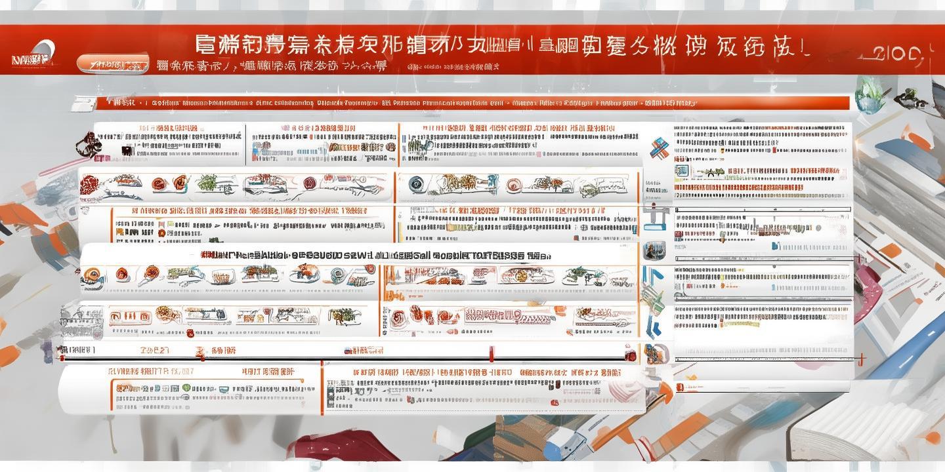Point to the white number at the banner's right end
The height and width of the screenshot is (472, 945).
tap(899, 54)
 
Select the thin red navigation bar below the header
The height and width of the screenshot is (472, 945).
tap(459, 103)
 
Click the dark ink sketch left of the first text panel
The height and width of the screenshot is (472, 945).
tap(87, 145)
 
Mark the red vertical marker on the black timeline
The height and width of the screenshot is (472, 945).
tap(491, 354)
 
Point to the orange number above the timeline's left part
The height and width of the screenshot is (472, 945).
tap(154, 350)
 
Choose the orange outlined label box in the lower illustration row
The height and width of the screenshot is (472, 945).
tap(125, 317)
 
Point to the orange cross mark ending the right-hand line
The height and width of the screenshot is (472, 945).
tap(861, 359)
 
